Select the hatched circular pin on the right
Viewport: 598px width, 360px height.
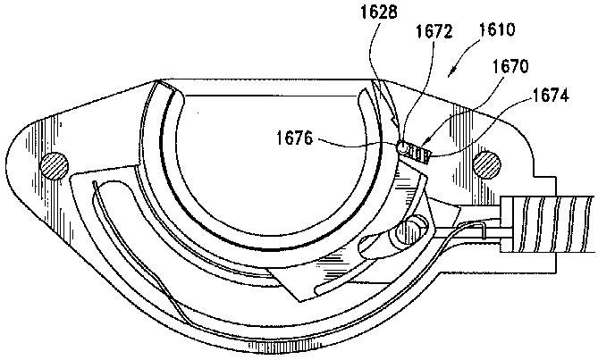487,163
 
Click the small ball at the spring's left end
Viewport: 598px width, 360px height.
402,147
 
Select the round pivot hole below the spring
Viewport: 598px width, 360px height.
413,229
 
